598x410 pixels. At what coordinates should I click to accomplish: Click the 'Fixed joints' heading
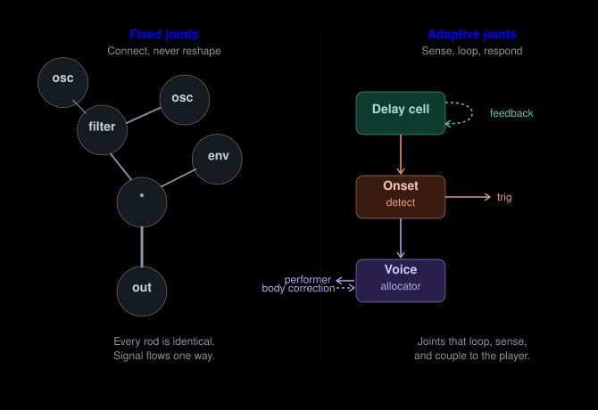click(x=164, y=35)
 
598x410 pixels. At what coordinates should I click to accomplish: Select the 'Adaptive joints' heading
click(x=471, y=35)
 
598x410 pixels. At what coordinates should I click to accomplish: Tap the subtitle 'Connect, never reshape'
click(x=164, y=51)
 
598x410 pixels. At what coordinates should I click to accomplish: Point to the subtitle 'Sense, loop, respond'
click(x=471, y=51)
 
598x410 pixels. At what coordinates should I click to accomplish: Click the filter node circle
click(x=102, y=127)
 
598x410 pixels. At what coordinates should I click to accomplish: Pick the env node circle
click(x=218, y=157)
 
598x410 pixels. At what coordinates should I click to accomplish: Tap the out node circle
click(x=142, y=288)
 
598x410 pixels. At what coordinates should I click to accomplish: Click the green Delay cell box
click(x=400, y=112)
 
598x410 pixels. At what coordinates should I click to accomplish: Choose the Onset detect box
click(x=400, y=196)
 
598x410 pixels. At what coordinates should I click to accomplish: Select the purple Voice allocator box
click(x=400, y=280)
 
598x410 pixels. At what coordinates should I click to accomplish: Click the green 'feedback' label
click(x=511, y=113)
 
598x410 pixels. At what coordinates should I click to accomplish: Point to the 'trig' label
click(x=504, y=197)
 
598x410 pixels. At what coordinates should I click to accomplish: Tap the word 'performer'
click(x=308, y=280)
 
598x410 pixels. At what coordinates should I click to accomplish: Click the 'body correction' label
click(x=298, y=289)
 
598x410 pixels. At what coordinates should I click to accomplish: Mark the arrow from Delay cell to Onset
click(x=401, y=154)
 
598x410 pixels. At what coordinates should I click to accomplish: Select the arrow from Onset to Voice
click(x=401, y=238)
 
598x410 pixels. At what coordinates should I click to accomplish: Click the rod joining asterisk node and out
click(x=142, y=244)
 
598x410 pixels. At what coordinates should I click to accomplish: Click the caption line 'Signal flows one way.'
click(x=164, y=357)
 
